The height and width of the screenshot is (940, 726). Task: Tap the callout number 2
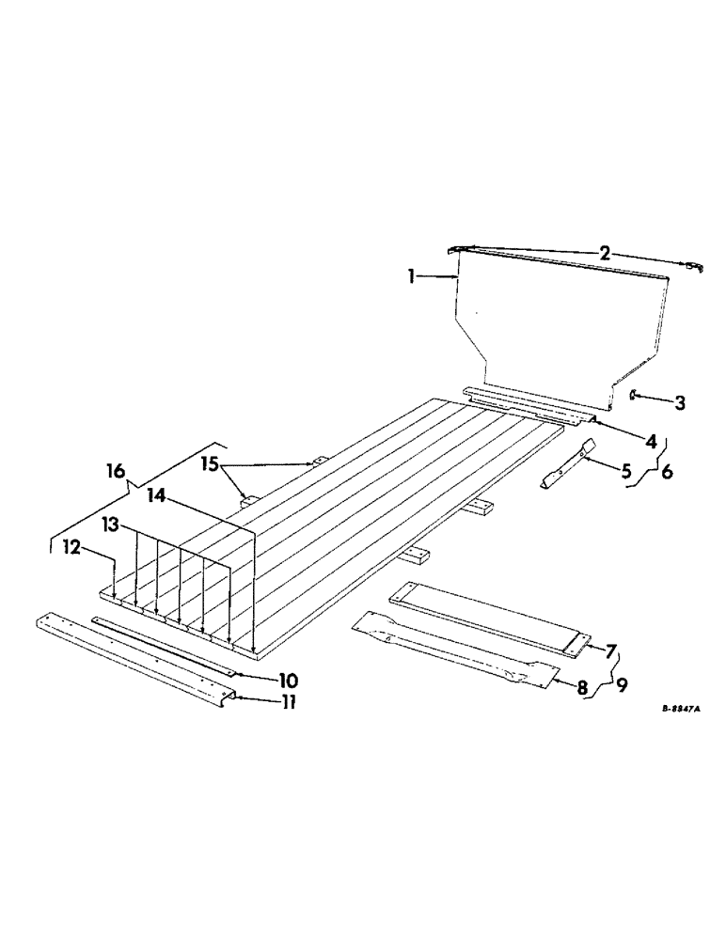click(x=606, y=253)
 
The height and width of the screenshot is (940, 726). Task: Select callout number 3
click(x=679, y=403)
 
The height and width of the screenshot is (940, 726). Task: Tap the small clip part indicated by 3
click(x=634, y=396)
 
